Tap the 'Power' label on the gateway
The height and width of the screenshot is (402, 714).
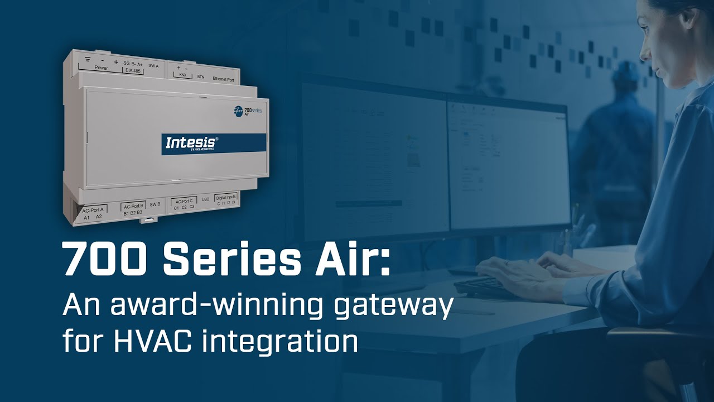[x=101, y=68]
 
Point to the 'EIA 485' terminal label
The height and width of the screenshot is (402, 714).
[x=133, y=71]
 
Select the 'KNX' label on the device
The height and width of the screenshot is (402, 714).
[x=182, y=75]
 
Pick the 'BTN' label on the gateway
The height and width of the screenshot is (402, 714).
[x=201, y=76]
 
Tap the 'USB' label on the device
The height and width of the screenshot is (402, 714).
[x=205, y=199]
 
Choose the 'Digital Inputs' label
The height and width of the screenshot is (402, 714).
[x=226, y=197]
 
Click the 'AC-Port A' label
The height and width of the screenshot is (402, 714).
[x=93, y=210]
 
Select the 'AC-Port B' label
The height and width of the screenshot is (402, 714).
[x=133, y=205]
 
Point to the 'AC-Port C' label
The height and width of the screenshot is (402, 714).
[x=184, y=200]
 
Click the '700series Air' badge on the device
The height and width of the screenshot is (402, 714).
[x=248, y=111]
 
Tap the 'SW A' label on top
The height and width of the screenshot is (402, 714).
[x=153, y=66]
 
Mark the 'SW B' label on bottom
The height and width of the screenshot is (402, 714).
[x=155, y=204]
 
